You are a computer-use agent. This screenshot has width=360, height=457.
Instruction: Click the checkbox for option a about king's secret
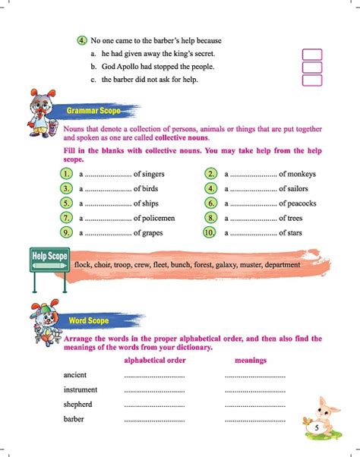(x=311, y=55)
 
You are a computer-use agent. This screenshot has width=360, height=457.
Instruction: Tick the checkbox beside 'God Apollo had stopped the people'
(x=311, y=68)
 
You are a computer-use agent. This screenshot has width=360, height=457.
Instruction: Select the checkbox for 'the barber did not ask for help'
(x=311, y=80)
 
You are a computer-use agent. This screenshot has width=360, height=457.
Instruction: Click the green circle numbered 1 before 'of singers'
(x=67, y=174)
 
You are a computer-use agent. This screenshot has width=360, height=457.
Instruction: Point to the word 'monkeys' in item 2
(x=302, y=174)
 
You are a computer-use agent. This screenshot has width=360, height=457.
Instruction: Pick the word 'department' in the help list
(x=290, y=265)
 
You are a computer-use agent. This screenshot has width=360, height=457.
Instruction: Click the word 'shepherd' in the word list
(x=79, y=404)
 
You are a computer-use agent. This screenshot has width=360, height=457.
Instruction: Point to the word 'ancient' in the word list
(x=77, y=375)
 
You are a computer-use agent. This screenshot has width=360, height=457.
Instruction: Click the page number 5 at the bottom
(x=315, y=428)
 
